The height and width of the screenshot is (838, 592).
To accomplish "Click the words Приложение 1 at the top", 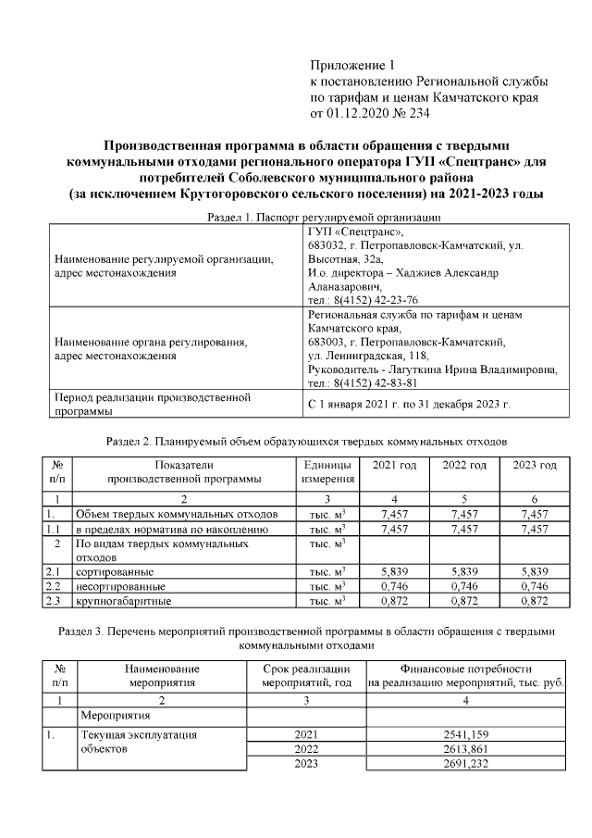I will pyautogui.click(x=351, y=65).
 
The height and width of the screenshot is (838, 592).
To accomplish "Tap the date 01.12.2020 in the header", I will pyautogui.click(x=357, y=113).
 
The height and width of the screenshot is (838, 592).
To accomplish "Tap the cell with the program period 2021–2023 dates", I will pyautogui.click(x=408, y=405).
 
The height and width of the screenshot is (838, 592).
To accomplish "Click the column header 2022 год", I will pyautogui.click(x=464, y=464).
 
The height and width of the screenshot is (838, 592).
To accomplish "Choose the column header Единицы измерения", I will pyautogui.click(x=327, y=471).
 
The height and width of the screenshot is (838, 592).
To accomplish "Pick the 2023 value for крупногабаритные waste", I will pyautogui.click(x=535, y=601).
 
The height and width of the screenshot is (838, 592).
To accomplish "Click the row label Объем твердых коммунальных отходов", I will pyautogui.click(x=176, y=514).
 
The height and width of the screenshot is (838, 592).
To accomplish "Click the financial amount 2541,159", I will pyautogui.click(x=467, y=734).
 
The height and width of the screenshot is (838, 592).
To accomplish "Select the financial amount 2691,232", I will pyautogui.click(x=467, y=763).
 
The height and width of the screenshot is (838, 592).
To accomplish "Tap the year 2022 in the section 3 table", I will pyautogui.click(x=305, y=749).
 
